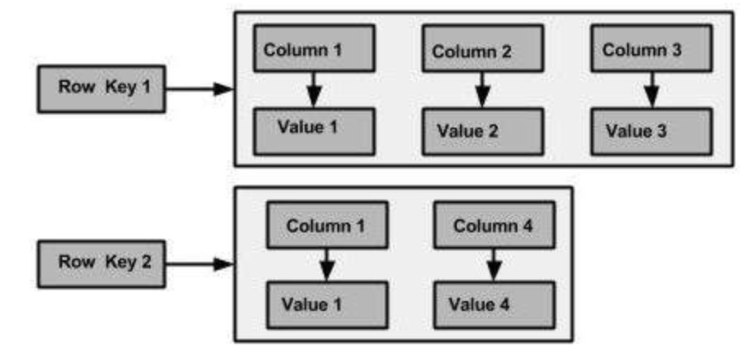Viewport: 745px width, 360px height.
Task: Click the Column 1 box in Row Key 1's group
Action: click(314, 49)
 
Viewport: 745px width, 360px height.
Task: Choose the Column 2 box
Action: click(482, 51)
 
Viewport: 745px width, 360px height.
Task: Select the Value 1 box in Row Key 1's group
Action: click(314, 129)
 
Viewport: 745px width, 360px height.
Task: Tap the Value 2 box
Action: click(482, 131)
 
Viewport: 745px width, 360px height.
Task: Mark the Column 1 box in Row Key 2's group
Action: click(327, 227)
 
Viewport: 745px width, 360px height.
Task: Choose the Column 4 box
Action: click(493, 227)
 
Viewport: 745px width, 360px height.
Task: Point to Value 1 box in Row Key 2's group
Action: click(327, 304)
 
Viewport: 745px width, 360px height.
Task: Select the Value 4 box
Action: click(493, 305)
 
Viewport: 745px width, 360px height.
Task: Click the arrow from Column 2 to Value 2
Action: click(482, 90)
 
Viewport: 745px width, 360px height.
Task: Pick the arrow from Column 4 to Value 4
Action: click(493, 266)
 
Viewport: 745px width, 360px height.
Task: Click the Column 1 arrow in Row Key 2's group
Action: click(327, 266)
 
